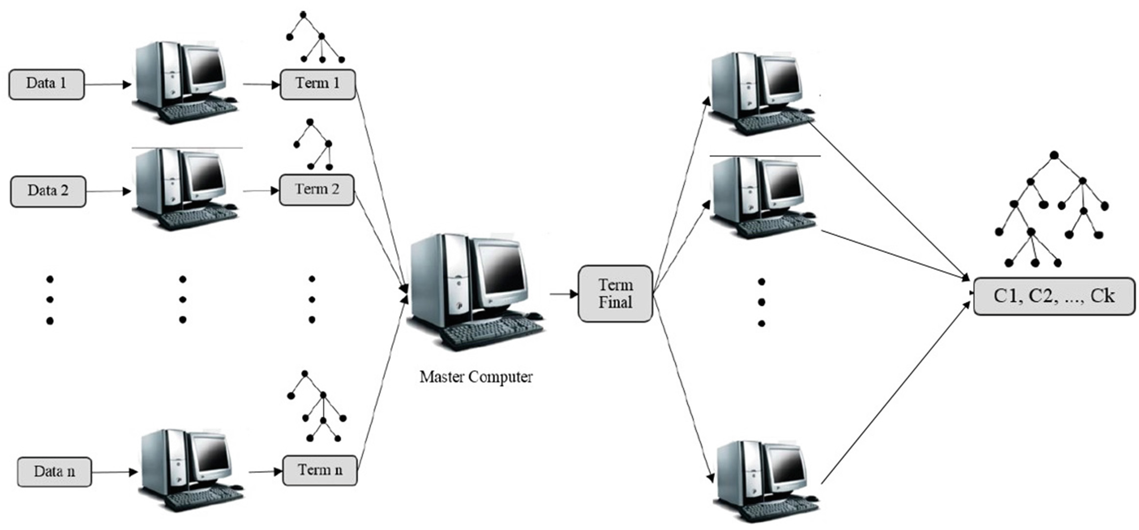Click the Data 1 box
pos(46,84)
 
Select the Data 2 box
pos(48,191)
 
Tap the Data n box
pos(54,472)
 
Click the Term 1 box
pos(318,84)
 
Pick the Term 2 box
pos(317,190)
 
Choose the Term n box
pos(320,470)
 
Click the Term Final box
pos(615,294)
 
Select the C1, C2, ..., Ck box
pos(1054,296)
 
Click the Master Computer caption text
pos(476,377)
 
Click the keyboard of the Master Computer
pos(492,333)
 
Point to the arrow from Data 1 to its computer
pos(108,85)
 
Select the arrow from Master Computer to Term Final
pos(564,294)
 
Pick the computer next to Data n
pos(191,469)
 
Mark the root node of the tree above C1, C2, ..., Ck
pos(1054,155)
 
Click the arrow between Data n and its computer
pos(114,472)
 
